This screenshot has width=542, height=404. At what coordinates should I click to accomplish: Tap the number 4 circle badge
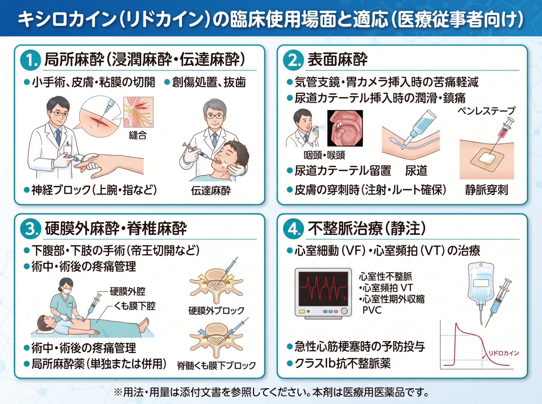click(x=293, y=228)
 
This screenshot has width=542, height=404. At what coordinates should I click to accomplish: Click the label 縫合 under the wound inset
click(x=138, y=135)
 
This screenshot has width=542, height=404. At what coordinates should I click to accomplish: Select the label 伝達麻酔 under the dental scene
click(x=211, y=191)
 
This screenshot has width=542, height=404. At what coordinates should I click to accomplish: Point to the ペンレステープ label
click(x=486, y=110)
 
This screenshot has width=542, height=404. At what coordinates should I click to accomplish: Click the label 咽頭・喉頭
click(x=324, y=155)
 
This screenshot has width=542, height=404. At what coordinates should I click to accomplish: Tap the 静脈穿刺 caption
click(x=487, y=190)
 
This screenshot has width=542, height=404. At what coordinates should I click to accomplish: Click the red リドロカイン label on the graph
click(x=504, y=353)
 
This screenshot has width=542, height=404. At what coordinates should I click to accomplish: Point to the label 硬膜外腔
click(x=128, y=291)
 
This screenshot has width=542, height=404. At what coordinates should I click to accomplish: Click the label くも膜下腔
click(x=135, y=306)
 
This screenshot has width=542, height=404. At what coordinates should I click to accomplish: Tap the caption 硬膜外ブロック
click(x=216, y=310)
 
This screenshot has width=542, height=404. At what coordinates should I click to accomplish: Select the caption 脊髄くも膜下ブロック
click(x=216, y=365)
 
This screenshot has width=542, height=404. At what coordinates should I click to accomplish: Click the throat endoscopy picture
click(x=345, y=128)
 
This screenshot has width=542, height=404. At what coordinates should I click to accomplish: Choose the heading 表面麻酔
click(x=338, y=59)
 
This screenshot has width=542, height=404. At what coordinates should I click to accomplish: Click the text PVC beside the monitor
click(x=372, y=310)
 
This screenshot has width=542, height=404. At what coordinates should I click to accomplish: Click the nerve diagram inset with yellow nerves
click(x=138, y=112)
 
